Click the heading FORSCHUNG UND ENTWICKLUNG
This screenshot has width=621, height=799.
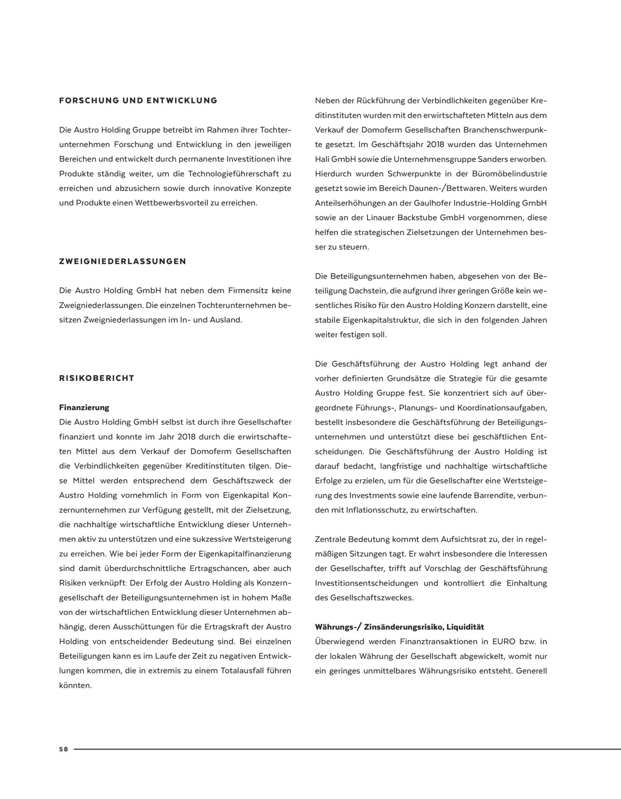pyautogui.click(x=138, y=101)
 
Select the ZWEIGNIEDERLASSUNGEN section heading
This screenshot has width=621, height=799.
pyautogui.click(x=123, y=262)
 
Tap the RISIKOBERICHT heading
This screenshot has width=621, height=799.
pyautogui.click(x=97, y=378)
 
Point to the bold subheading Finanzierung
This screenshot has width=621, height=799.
pyautogui.click(x=84, y=407)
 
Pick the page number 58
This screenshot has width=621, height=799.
pyautogui.click(x=63, y=749)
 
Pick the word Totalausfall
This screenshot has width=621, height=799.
pyautogui.click(x=244, y=671)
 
